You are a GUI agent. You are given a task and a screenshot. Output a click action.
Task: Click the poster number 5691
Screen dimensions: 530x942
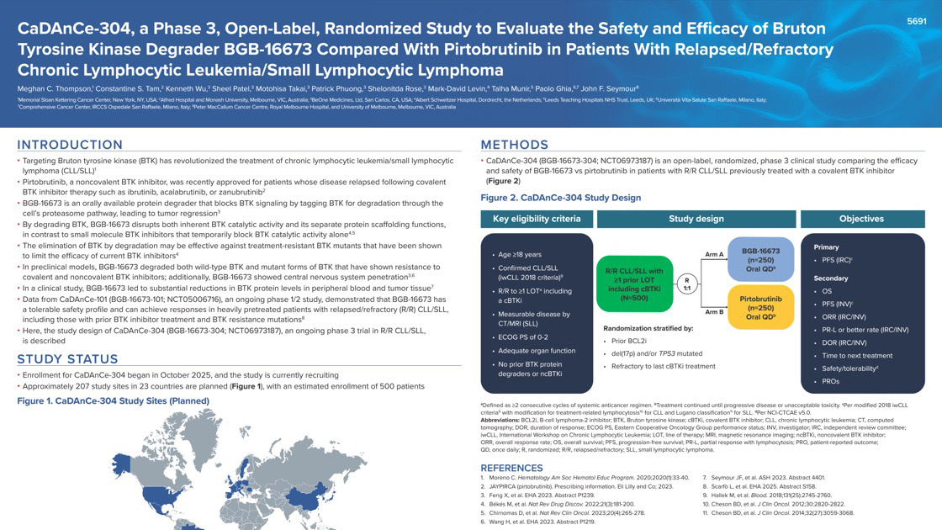(916, 20)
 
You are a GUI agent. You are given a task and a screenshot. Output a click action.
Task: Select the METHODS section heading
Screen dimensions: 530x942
(514, 145)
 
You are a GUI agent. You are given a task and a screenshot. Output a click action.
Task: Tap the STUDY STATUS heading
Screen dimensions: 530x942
(67, 359)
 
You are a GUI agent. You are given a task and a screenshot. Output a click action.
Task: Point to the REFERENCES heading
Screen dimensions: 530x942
(511, 468)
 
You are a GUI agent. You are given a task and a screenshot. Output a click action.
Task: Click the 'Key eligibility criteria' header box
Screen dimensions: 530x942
(537, 219)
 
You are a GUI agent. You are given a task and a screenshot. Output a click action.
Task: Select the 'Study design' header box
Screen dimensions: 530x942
(696, 219)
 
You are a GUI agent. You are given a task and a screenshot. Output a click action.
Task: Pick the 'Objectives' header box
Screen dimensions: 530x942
(861, 219)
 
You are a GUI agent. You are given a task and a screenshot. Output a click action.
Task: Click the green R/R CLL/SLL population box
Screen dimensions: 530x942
(634, 284)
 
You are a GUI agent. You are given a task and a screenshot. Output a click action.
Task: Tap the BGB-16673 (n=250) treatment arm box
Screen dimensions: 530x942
(759, 260)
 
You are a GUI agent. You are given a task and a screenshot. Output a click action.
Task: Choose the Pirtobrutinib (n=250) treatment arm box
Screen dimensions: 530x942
(759, 307)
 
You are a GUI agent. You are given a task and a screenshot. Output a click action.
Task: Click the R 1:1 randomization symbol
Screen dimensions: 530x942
(687, 284)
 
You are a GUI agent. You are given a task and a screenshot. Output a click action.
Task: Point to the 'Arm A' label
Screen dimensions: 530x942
(714, 254)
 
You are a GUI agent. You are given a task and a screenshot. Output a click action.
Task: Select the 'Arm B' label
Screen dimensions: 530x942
(714, 312)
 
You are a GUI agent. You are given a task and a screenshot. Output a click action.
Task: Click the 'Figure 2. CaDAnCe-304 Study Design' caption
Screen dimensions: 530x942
(560, 198)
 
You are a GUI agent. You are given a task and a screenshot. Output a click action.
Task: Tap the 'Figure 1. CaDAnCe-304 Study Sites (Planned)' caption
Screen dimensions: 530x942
(114, 400)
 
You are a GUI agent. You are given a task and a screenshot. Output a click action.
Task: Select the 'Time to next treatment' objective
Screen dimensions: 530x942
(858, 355)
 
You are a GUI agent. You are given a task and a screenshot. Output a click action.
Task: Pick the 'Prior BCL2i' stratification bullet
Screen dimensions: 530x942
(629, 341)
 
